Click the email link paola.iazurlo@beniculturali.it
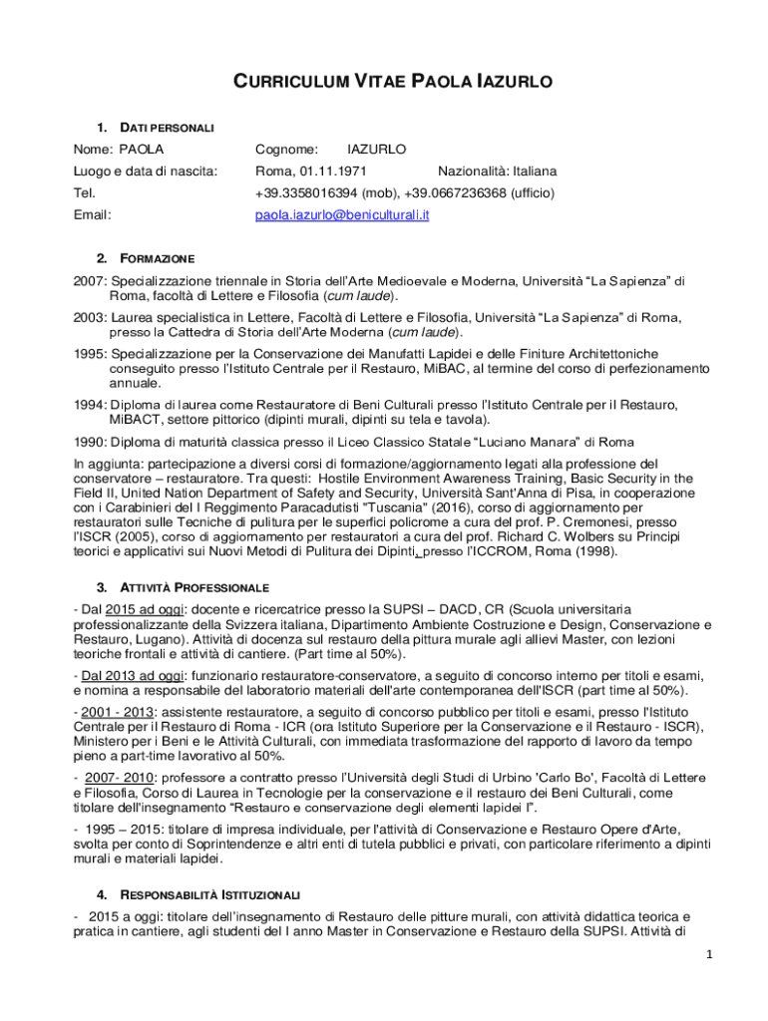click(342, 214)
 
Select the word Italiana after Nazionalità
click(530, 171)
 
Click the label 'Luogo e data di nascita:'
click(146, 171)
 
